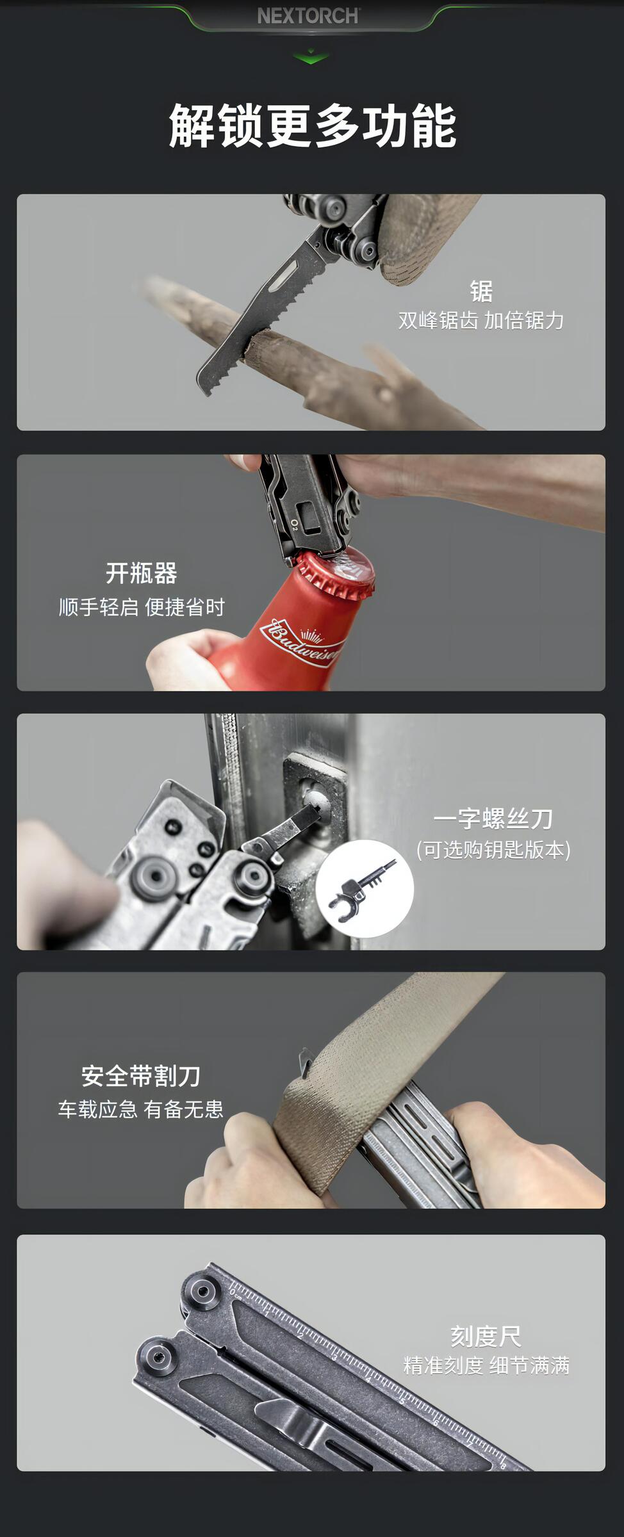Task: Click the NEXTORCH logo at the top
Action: tap(308, 16)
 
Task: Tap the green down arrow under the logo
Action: tap(311, 57)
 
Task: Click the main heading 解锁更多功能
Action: tap(312, 126)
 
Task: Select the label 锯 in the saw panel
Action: tap(481, 291)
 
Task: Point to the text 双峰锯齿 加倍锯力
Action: tap(481, 320)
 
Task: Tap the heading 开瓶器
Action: tap(141, 573)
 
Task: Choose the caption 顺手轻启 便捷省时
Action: tap(142, 607)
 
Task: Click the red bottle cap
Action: tap(334, 571)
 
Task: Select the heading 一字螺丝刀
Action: tap(493, 818)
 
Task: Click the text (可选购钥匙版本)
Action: tap(493, 850)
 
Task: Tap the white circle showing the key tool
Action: tap(365, 889)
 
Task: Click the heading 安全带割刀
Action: tap(141, 1076)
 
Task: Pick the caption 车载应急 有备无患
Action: tap(141, 1109)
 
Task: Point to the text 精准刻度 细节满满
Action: tap(486, 1365)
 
